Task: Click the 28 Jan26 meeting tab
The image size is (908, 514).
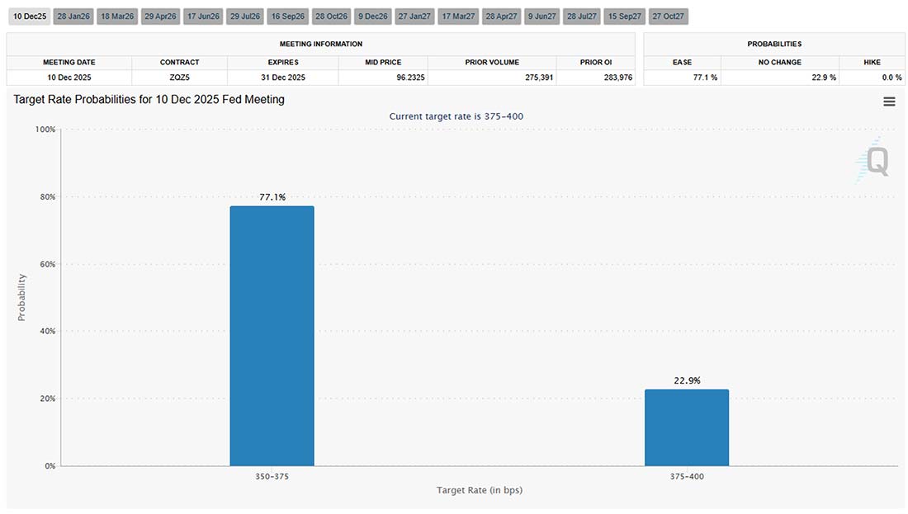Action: tap(73, 17)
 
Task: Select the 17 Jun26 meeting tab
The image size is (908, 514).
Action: tap(202, 17)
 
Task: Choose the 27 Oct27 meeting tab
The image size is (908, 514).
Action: tap(668, 17)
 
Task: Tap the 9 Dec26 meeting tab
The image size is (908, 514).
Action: tap(372, 17)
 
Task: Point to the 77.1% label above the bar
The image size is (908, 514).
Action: tap(272, 197)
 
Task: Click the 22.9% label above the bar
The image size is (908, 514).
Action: tap(687, 380)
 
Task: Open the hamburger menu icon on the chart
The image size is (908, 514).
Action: tap(889, 101)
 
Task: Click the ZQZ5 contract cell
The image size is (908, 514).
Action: tap(180, 78)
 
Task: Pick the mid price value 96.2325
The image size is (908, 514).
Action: tap(383, 78)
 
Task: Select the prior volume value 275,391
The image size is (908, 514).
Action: tap(492, 78)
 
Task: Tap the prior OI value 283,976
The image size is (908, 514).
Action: tap(596, 78)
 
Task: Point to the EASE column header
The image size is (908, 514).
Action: tap(682, 62)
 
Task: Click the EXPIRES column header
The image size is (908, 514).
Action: tap(282, 62)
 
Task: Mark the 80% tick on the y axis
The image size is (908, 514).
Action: tap(45, 197)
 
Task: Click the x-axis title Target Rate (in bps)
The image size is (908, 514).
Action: tap(480, 490)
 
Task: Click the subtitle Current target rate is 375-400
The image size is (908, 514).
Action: tap(456, 116)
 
